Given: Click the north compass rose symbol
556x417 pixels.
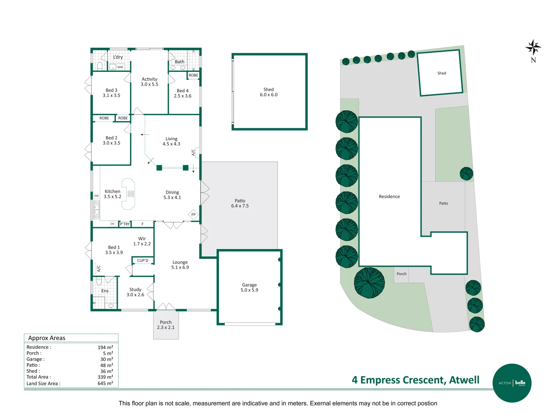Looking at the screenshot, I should [533, 47].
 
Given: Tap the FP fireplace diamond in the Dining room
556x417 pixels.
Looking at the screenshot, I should [193, 215].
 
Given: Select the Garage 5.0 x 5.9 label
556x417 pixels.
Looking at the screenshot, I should [249, 287].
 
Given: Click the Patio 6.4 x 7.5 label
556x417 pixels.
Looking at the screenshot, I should [240, 203].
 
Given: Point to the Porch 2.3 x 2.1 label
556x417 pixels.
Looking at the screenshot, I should [166, 325].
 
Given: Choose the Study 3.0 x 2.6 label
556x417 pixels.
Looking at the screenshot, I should [135, 292].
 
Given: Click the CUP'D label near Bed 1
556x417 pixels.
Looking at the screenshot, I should [142, 261].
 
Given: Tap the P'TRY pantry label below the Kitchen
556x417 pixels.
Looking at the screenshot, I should [125, 224].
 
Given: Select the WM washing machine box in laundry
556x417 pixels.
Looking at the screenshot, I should [120, 67].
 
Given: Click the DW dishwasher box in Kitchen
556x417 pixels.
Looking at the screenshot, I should [97, 196].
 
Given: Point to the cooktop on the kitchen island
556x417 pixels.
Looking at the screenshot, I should [131, 194].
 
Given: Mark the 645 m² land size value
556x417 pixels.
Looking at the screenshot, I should [105, 383].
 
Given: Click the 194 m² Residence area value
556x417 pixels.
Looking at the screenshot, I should [105, 347].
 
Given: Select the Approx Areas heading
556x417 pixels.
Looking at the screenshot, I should [47, 338].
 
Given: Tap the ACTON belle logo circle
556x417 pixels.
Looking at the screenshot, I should [512, 383].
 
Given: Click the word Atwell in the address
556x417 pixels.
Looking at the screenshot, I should [464, 380].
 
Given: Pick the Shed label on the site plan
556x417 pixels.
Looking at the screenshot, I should [442, 73].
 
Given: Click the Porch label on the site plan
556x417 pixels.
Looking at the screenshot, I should [402, 274].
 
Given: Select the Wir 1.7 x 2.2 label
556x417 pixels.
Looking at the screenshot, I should [142, 241].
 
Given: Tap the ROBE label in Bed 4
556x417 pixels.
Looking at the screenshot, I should [193, 75].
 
